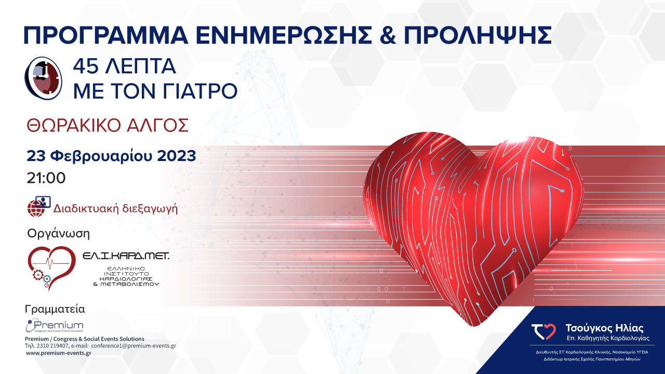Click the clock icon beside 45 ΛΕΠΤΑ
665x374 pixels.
[44, 77]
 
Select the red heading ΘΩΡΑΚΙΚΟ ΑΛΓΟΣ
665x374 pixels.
[107, 126]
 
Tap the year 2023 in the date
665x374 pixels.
[173, 155]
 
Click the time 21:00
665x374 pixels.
[46, 178]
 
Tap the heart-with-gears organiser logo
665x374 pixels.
[51, 268]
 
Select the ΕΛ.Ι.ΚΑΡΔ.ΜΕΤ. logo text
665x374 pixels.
[126, 256]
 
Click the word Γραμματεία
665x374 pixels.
[55, 310]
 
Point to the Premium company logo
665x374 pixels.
[55, 326]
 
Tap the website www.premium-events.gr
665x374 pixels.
[58, 353]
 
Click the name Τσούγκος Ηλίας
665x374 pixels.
[604, 328]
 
